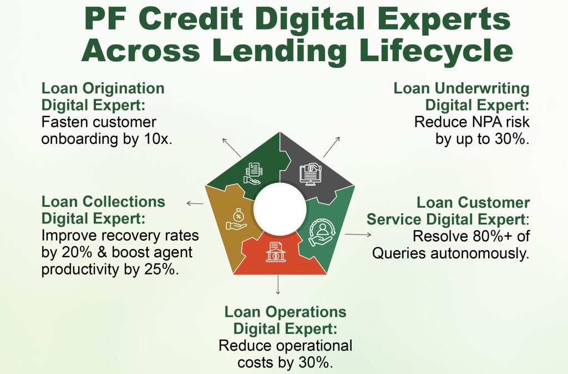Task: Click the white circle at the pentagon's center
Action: point(280,210)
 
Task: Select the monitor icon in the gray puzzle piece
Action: point(311,174)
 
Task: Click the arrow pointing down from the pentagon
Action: point(278,285)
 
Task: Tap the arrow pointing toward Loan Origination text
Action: point(231,147)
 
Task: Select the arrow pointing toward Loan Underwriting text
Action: point(332,147)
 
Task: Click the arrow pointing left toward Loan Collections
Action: point(195,203)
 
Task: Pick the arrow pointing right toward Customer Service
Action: point(358,235)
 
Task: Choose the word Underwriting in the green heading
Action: point(482,89)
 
